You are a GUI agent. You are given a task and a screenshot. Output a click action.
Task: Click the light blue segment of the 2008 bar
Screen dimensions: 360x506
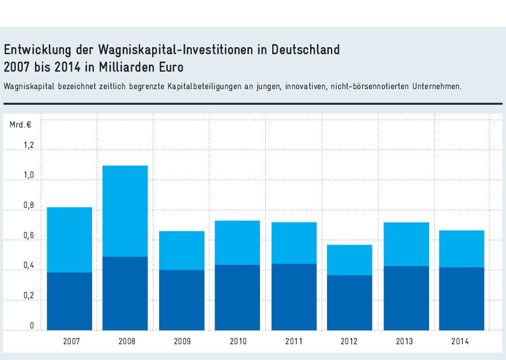pos(125,211)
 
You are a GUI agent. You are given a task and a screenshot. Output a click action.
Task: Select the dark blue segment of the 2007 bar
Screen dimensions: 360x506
pos(69,301)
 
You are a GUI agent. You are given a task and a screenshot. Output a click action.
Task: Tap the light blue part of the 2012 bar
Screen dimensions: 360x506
pos(350,260)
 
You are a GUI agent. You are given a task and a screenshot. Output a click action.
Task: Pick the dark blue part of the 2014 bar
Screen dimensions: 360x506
pos(462,298)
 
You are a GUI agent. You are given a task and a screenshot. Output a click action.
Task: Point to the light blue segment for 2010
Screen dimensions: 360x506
pos(237,242)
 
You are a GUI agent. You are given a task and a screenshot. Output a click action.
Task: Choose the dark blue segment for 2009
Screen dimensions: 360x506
pos(182,299)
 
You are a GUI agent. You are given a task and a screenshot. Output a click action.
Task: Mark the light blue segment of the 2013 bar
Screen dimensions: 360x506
pos(406,244)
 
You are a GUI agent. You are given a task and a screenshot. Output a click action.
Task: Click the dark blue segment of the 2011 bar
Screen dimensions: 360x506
pos(294,297)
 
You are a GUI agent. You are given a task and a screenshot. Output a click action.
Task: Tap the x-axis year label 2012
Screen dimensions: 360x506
pos(350,341)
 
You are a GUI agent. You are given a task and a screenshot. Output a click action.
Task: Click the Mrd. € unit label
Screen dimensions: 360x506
pos(20,124)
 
